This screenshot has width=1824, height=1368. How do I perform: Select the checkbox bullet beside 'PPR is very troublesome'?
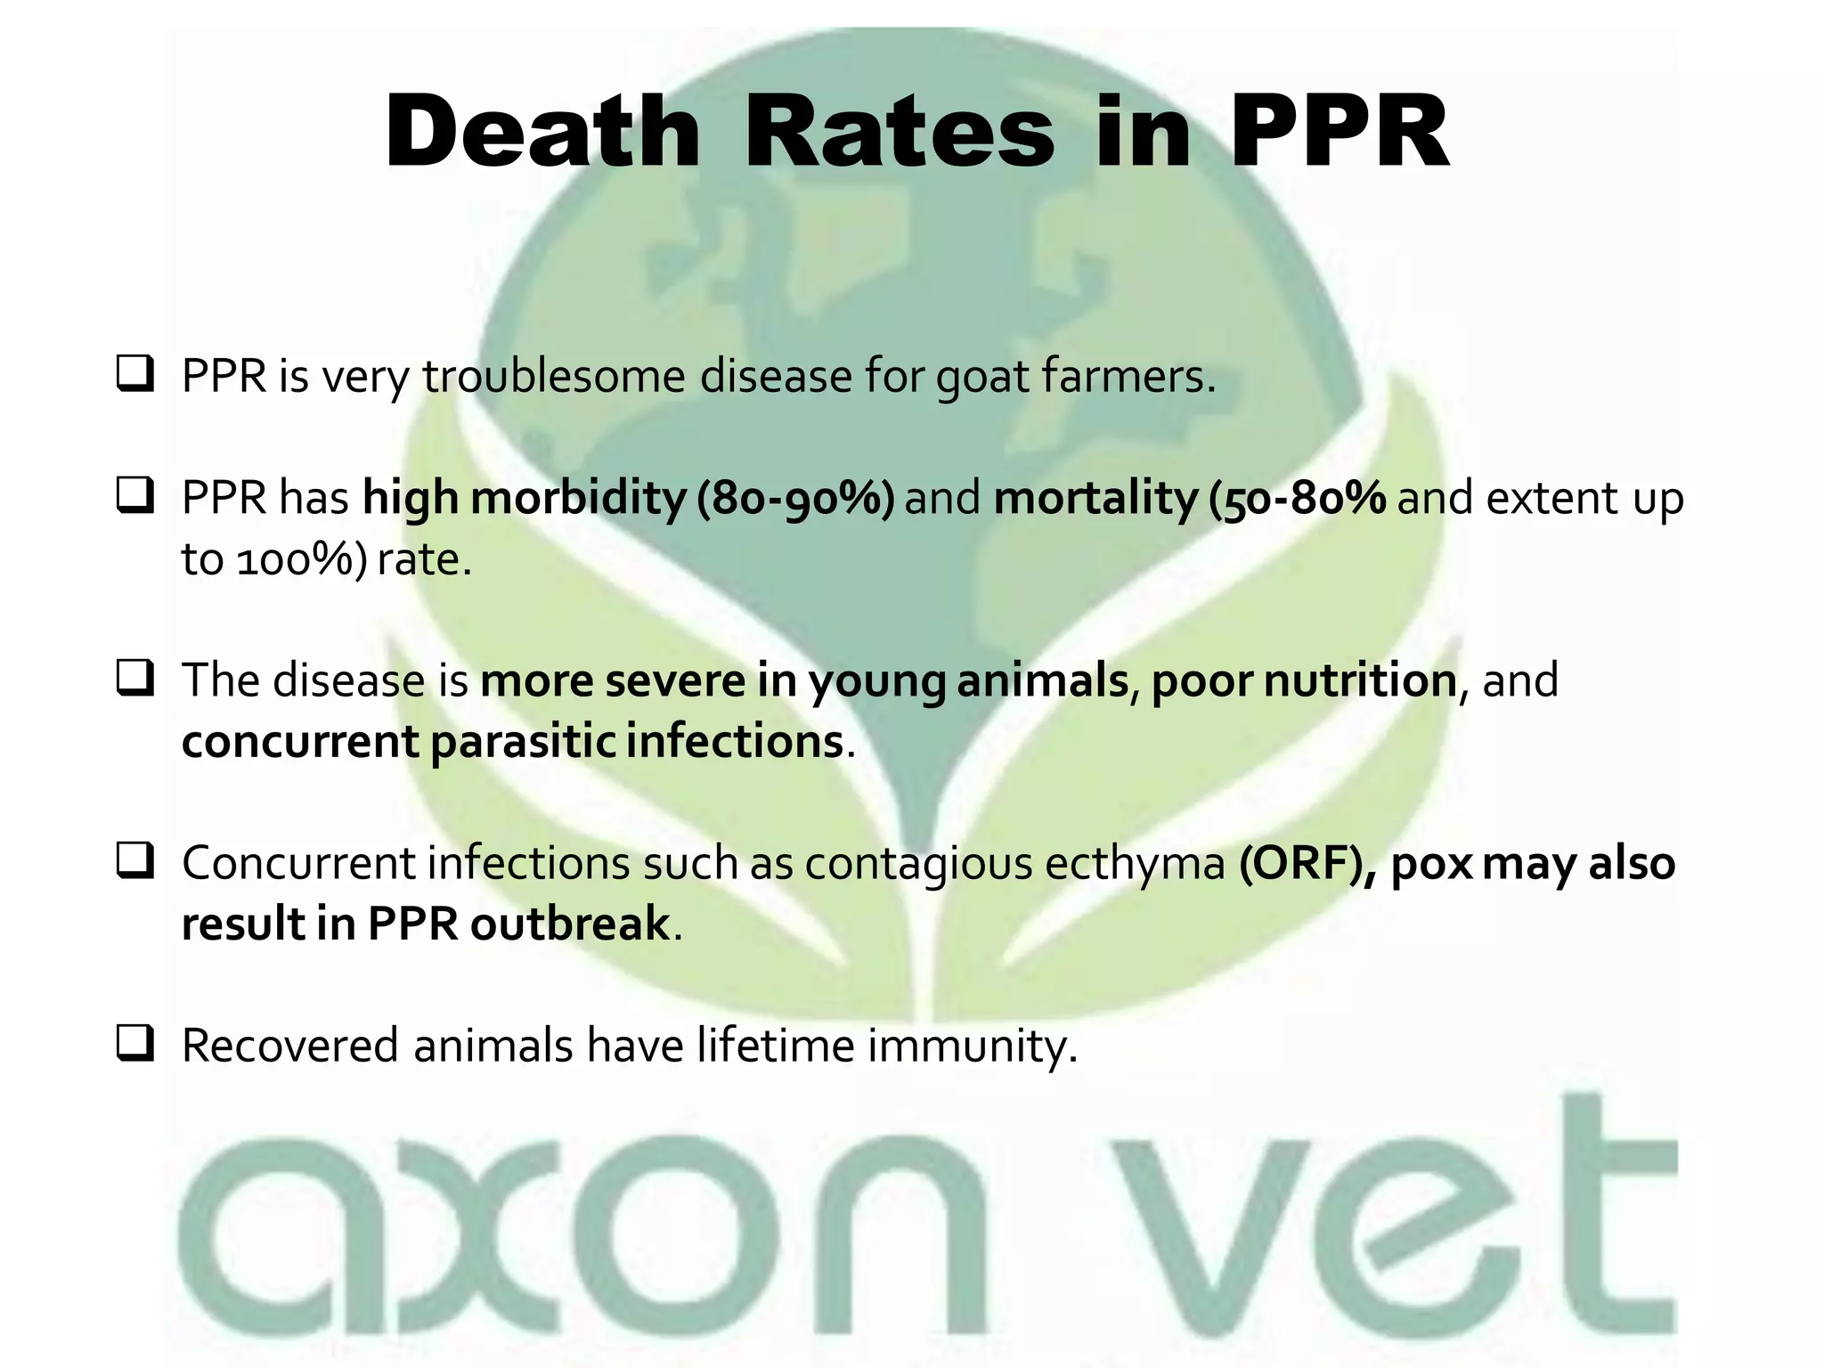point(135,374)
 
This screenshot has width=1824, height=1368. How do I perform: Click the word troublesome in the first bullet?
point(553,376)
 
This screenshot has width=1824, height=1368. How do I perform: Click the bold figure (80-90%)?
point(795,497)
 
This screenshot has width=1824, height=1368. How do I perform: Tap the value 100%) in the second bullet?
point(301,559)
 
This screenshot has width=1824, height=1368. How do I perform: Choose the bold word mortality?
point(1095,497)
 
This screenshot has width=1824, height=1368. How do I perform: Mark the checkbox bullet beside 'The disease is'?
point(135,679)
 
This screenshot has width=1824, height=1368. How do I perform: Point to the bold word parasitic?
point(523,742)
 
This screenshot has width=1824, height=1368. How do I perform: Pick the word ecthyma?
point(1135,864)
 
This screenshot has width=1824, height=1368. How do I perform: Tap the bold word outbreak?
point(569,923)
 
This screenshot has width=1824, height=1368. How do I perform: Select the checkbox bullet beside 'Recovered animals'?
point(135,1043)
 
